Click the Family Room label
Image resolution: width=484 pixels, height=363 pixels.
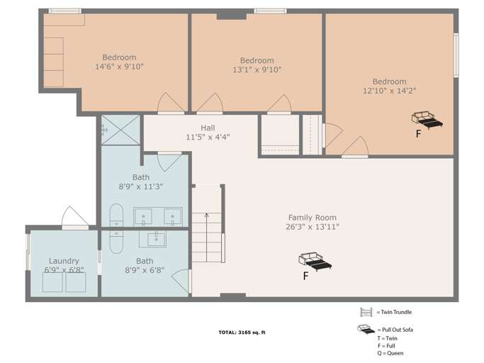pos(312,218)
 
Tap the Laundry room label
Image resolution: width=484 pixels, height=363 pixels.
pos(64,261)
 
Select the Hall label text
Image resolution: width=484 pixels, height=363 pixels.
pos(208,128)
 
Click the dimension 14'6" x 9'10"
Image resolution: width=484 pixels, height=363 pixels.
pos(119,67)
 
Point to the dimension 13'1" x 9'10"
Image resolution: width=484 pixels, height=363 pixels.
pos(257,69)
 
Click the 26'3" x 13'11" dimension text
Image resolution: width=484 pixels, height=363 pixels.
pos(312,227)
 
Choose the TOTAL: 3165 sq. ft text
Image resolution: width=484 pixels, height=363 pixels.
pos(242,333)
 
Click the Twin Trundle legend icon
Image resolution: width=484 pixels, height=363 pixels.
pos(366,312)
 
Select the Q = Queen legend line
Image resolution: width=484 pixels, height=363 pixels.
pos(391,353)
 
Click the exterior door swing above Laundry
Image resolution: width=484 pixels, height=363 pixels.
pos(73,217)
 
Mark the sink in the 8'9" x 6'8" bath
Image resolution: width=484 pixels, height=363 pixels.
pos(157,239)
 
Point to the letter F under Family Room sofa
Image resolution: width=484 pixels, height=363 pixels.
pos(305,277)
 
